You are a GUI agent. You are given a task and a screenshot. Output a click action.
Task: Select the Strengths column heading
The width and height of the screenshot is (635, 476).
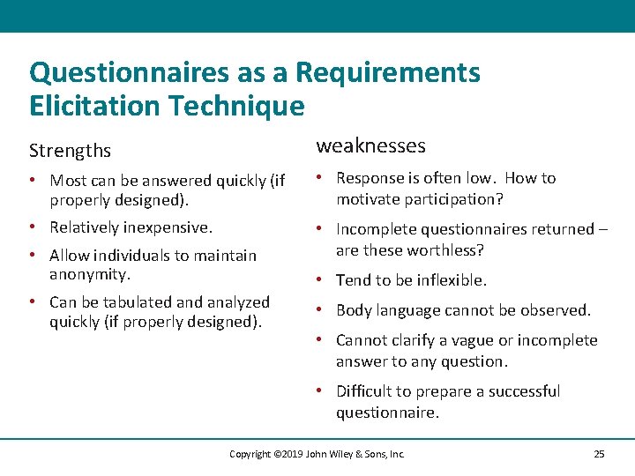coord(71,151)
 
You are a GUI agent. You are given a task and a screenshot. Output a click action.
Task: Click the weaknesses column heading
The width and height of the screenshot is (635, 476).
coord(370,145)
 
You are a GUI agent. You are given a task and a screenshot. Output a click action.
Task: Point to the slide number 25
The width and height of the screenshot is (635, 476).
coord(599,454)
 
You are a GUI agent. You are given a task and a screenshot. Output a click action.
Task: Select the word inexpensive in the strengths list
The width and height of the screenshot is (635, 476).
coord(168,227)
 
